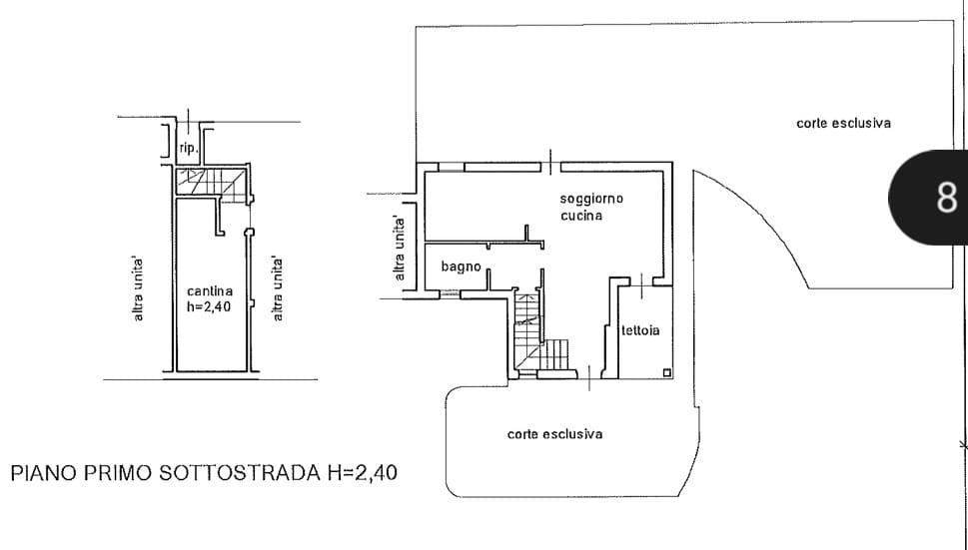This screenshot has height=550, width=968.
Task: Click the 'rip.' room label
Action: (x=189, y=148)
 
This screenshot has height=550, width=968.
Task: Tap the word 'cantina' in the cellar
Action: (x=210, y=291)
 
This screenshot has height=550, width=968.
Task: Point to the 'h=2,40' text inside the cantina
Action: (x=209, y=307)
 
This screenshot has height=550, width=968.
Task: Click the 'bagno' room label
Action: (x=462, y=267)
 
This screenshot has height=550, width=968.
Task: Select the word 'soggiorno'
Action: (x=591, y=200)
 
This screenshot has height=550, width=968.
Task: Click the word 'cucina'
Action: (x=581, y=216)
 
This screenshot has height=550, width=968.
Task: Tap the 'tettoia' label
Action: (x=640, y=330)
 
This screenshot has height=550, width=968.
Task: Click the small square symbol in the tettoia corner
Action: (x=666, y=372)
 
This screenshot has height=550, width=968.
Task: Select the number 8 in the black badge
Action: (x=946, y=198)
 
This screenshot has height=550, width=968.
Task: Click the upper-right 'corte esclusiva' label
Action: (x=843, y=124)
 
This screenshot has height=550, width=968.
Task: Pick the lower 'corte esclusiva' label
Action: (x=555, y=434)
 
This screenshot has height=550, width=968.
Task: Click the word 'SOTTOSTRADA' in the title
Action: (x=240, y=473)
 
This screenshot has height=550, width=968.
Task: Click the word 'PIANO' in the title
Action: (x=44, y=473)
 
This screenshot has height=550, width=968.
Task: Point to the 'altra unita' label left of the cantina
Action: (x=138, y=289)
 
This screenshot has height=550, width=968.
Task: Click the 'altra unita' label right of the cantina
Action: (x=277, y=289)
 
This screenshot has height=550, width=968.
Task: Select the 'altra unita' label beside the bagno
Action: (x=400, y=249)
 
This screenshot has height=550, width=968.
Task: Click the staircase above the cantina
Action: (x=211, y=183)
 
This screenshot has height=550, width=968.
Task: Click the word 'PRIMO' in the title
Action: (x=118, y=473)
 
